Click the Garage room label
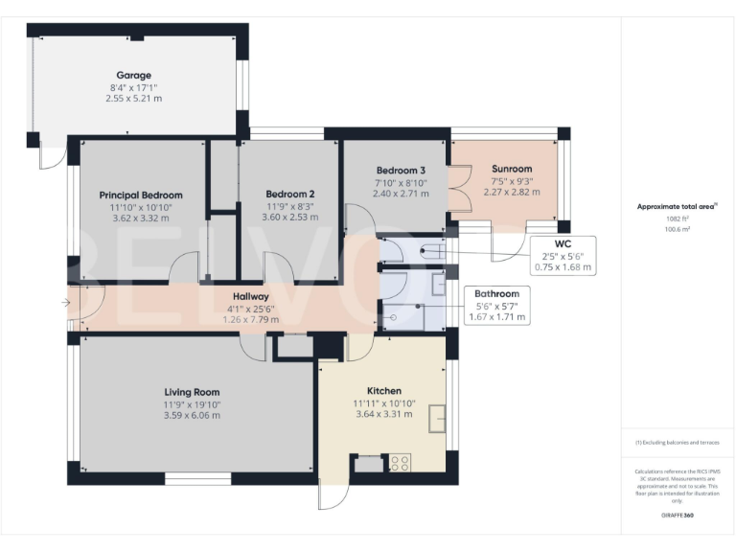(x=134, y=75)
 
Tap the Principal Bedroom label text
(x=141, y=195)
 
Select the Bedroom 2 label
(x=289, y=194)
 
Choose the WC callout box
(x=563, y=255)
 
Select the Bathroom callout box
(x=494, y=305)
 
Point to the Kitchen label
(x=383, y=391)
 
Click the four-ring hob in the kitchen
(x=399, y=462)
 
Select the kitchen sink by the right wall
(x=439, y=418)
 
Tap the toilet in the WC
(x=430, y=252)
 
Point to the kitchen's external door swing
(x=331, y=494)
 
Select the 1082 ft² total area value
(x=678, y=218)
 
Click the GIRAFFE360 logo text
(x=678, y=517)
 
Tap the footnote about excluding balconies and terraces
(x=678, y=443)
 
